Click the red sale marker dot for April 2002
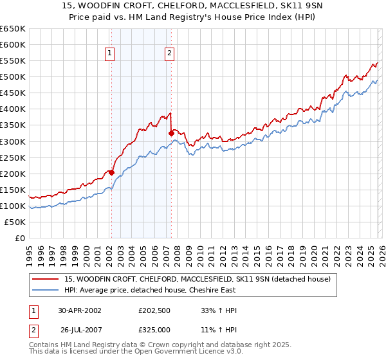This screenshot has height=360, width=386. (x=111, y=172)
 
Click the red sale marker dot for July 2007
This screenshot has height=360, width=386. (x=171, y=133)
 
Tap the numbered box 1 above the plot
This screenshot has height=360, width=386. (x=110, y=54)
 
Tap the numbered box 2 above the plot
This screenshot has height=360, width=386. (x=169, y=54)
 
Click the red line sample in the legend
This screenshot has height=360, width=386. (x=46, y=279)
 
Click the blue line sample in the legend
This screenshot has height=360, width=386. (x=46, y=290)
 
